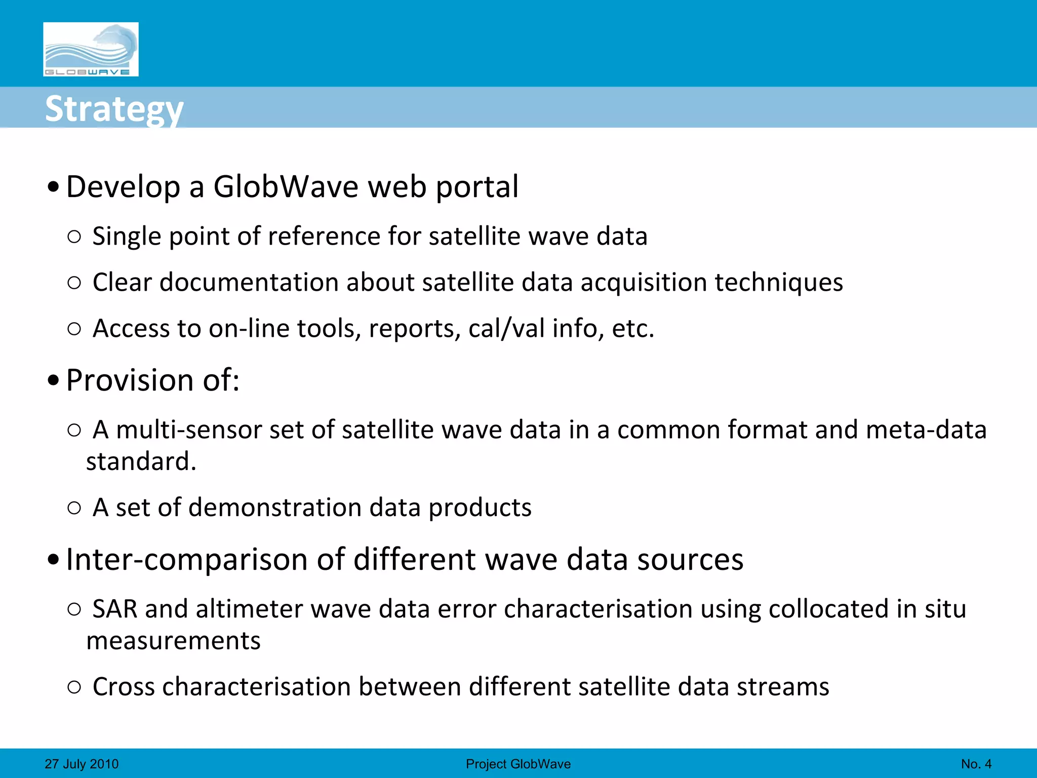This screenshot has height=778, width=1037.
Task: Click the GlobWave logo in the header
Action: coord(91,49)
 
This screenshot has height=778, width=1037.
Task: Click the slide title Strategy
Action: coord(114,109)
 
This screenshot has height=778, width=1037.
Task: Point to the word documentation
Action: coord(249,283)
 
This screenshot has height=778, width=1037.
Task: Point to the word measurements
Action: coord(173,641)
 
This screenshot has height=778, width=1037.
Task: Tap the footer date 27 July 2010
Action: coord(82,764)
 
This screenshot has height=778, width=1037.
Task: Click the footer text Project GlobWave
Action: coord(518,764)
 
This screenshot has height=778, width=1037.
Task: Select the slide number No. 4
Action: coord(976,764)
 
